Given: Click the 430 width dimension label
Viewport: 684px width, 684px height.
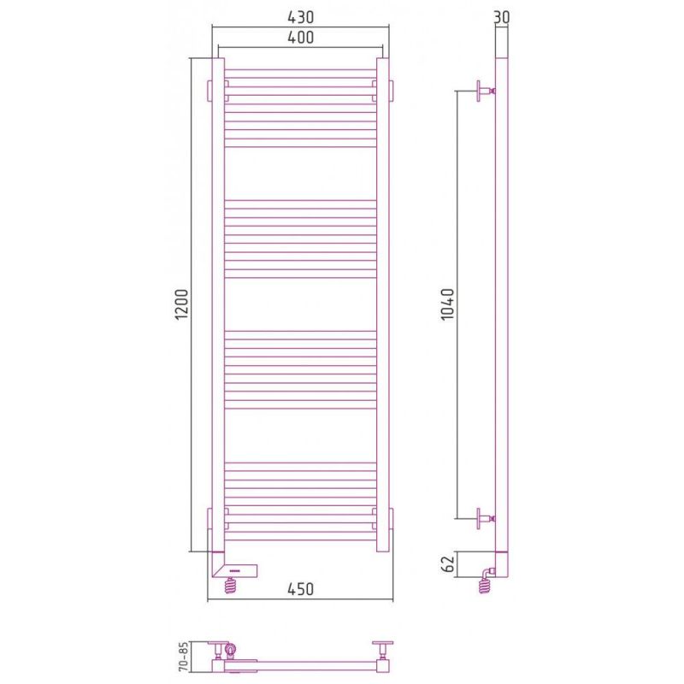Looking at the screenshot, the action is (301, 17).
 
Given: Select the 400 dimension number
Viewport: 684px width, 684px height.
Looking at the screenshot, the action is (301, 38).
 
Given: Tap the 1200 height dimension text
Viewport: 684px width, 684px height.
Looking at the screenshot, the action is (181, 304).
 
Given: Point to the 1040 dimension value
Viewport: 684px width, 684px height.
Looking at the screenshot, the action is (447, 304).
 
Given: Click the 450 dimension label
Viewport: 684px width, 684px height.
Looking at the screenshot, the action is (301, 589).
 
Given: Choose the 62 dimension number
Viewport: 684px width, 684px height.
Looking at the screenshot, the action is (448, 564).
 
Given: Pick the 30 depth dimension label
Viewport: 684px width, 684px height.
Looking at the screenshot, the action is (502, 17).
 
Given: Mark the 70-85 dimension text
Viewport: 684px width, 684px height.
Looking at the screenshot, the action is (183, 656).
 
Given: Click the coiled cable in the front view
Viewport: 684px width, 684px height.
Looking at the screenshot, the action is (231, 585).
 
